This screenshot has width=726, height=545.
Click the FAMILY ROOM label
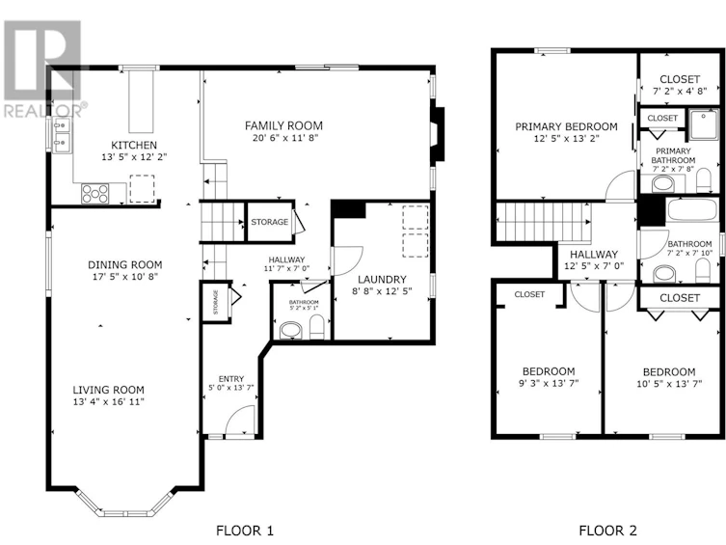[283, 125]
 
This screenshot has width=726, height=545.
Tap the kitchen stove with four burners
[94, 194]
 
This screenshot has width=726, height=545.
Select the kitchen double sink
[62, 135]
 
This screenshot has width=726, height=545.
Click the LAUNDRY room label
[382, 279]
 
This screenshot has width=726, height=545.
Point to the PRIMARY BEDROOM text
[566, 126]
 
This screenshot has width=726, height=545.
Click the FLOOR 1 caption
[245, 531]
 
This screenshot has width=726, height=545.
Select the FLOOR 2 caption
[608, 531]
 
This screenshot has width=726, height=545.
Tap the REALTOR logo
[43, 68]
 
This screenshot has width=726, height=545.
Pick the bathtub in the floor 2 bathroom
[692, 209]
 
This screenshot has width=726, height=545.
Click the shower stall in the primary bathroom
[704, 125]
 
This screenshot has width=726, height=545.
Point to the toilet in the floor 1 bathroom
[316, 327]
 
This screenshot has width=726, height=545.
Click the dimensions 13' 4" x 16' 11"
[108, 402]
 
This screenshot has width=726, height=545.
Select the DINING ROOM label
[125, 265]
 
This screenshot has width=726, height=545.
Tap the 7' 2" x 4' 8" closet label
[680, 92]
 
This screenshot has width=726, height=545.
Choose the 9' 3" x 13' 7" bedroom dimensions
[549, 383]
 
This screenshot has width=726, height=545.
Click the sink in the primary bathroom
[663, 184]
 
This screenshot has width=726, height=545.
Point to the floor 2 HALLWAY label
[594, 255]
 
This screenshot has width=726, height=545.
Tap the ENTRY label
[231, 379]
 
